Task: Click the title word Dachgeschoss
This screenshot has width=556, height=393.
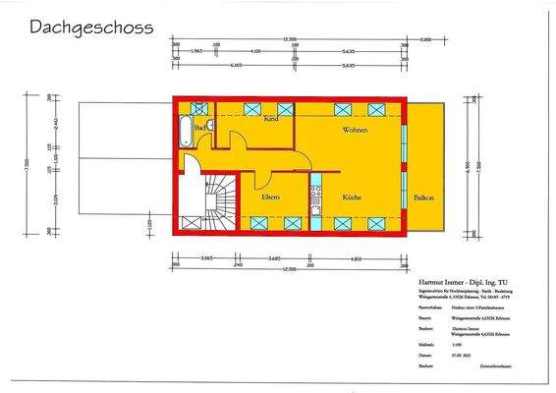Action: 90,28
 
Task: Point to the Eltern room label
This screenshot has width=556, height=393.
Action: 271,197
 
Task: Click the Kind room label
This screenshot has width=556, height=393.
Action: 271,119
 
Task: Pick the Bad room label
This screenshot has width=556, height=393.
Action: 199,128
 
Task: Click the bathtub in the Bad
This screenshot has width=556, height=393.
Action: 185,130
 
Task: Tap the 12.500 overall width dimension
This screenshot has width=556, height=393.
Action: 289,40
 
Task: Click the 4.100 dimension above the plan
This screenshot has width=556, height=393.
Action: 255,50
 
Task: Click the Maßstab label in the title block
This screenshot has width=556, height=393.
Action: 399,345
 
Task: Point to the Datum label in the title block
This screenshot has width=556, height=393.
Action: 398,355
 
